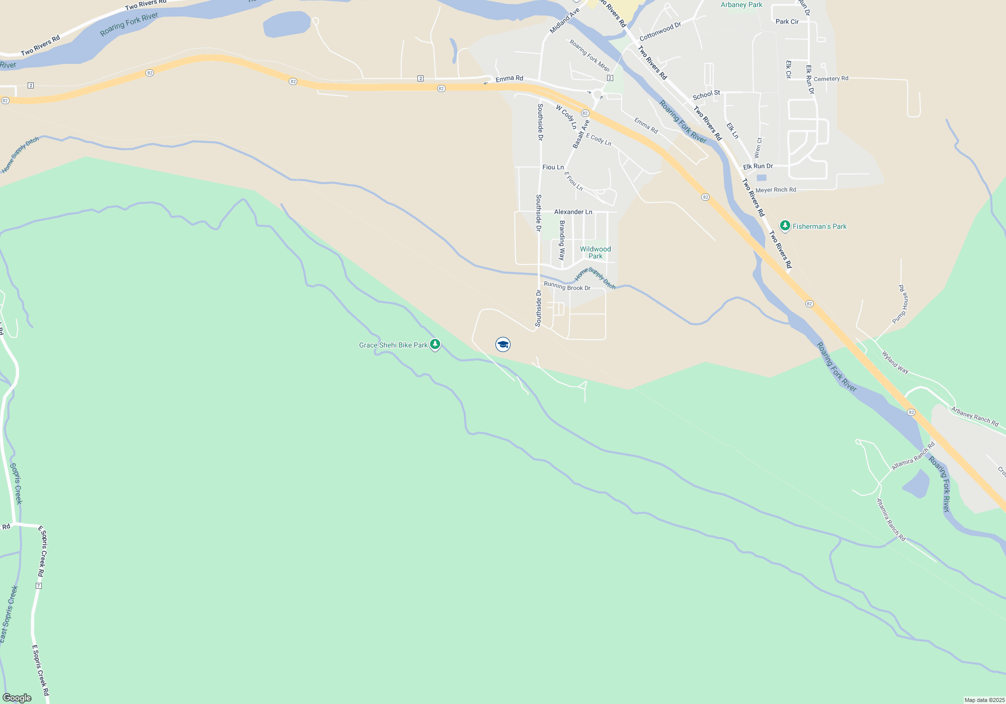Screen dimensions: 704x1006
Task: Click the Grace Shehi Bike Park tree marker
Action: [x=435, y=344]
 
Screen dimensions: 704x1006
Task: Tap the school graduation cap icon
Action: [x=503, y=344]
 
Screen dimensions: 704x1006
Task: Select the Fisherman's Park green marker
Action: [x=785, y=226]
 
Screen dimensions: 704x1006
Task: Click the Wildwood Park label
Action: [x=596, y=252]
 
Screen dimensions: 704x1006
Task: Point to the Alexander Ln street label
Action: [x=573, y=212]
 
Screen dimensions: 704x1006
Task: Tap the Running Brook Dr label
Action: [x=567, y=287]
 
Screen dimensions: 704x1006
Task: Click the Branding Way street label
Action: [x=562, y=240]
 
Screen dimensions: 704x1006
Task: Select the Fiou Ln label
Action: [x=553, y=167]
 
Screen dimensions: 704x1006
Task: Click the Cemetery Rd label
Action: [x=831, y=78]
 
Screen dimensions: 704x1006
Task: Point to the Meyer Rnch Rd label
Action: [x=776, y=190]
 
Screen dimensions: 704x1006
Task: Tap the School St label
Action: [x=706, y=95]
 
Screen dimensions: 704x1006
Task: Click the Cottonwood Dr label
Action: [x=660, y=32]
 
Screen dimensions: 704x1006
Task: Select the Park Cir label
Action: [x=787, y=22]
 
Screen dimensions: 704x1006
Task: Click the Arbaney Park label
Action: [x=741, y=5]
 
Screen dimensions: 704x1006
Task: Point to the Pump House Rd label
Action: [x=900, y=304]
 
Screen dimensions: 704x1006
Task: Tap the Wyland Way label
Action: [x=895, y=362]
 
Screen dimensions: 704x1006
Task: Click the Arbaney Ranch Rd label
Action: [x=975, y=417]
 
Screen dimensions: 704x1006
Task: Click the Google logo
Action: [x=17, y=698]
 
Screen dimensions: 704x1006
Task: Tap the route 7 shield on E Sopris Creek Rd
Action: [x=39, y=586]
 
